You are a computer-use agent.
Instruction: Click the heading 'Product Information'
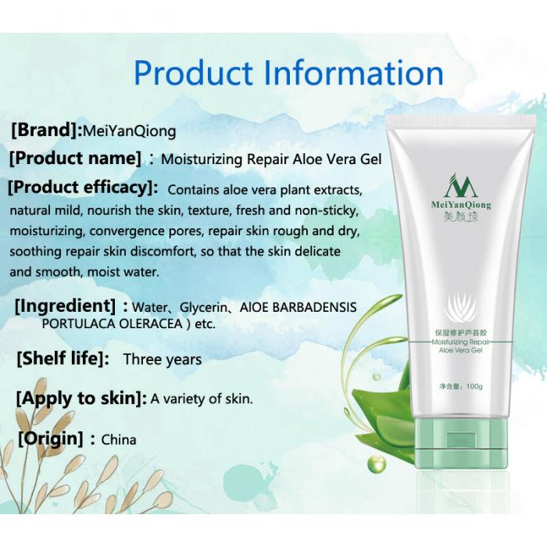(288, 73)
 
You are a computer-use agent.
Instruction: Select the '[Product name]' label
(76, 159)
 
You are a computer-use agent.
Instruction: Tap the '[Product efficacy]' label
(83, 188)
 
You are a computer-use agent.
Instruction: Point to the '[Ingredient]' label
(65, 306)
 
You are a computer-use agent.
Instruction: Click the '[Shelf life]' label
(63, 358)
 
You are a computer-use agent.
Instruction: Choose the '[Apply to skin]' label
(81, 399)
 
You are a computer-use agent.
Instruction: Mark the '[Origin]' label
(51, 438)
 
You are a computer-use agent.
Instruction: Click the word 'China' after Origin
(119, 439)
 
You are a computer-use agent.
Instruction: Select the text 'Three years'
(163, 359)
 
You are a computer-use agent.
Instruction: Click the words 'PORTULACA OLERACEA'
(113, 324)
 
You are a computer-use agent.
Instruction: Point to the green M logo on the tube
(461, 185)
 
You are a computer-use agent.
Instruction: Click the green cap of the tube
(461, 443)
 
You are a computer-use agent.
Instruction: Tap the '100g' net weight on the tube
(474, 386)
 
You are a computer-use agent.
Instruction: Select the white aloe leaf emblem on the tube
(461, 307)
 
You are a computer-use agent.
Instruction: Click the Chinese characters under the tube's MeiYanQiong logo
(461, 217)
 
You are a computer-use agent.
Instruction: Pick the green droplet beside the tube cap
(377, 463)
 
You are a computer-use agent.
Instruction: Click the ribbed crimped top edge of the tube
(460, 120)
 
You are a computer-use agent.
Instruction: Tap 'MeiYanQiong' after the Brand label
(130, 131)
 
